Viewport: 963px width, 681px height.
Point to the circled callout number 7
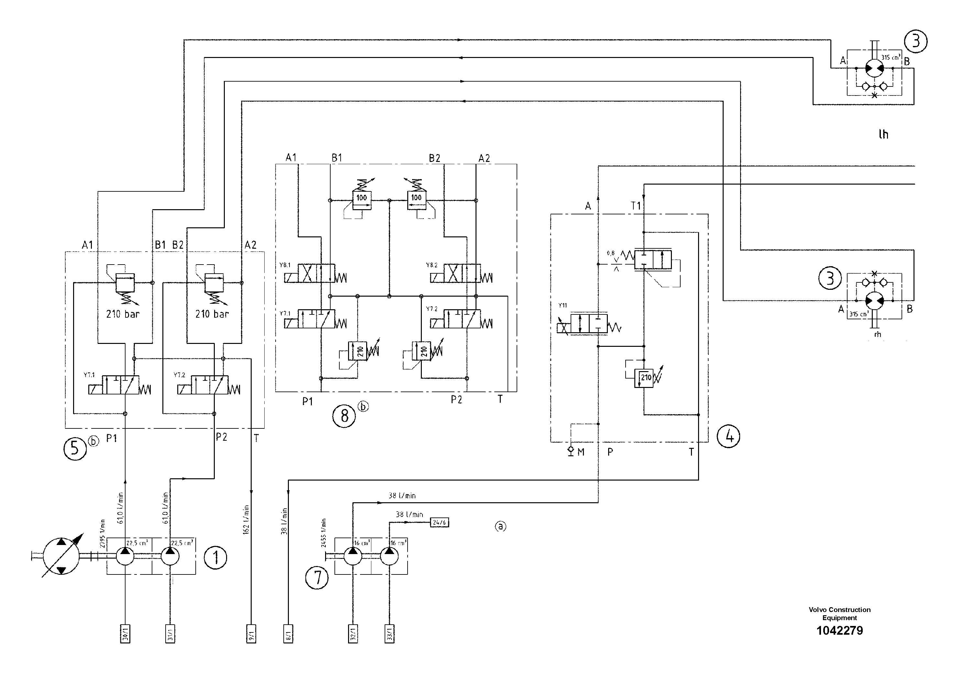(x=317, y=577)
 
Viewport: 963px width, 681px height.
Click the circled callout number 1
(x=215, y=558)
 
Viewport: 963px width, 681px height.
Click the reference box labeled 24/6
(x=439, y=522)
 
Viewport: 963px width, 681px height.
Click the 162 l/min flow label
(x=246, y=519)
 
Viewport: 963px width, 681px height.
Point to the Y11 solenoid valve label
(x=563, y=305)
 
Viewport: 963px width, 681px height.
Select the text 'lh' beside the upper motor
(x=883, y=134)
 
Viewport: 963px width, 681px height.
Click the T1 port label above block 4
(x=636, y=206)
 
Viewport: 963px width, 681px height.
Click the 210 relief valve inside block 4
(x=644, y=378)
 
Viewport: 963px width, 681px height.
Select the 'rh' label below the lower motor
(x=877, y=335)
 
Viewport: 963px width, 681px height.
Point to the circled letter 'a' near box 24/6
(x=500, y=526)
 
